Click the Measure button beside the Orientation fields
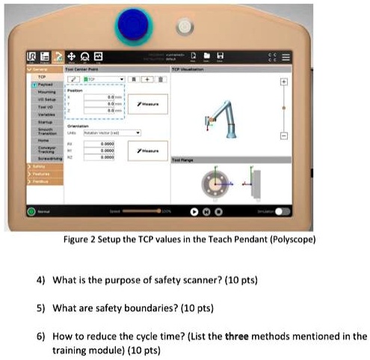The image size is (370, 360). click(149, 150)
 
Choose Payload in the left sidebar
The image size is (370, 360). click(40, 85)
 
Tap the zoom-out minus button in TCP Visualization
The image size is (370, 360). click(283, 136)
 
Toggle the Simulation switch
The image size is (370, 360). click(282, 212)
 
